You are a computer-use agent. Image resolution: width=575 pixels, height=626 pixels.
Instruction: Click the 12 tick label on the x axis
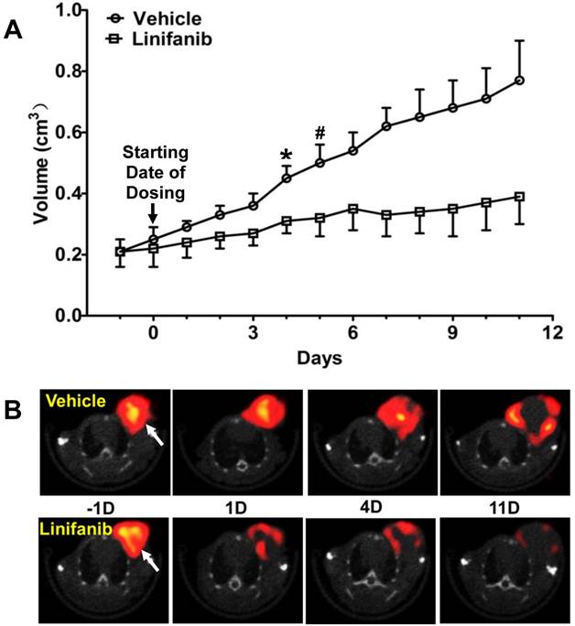pyautogui.click(x=549, y=334)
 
